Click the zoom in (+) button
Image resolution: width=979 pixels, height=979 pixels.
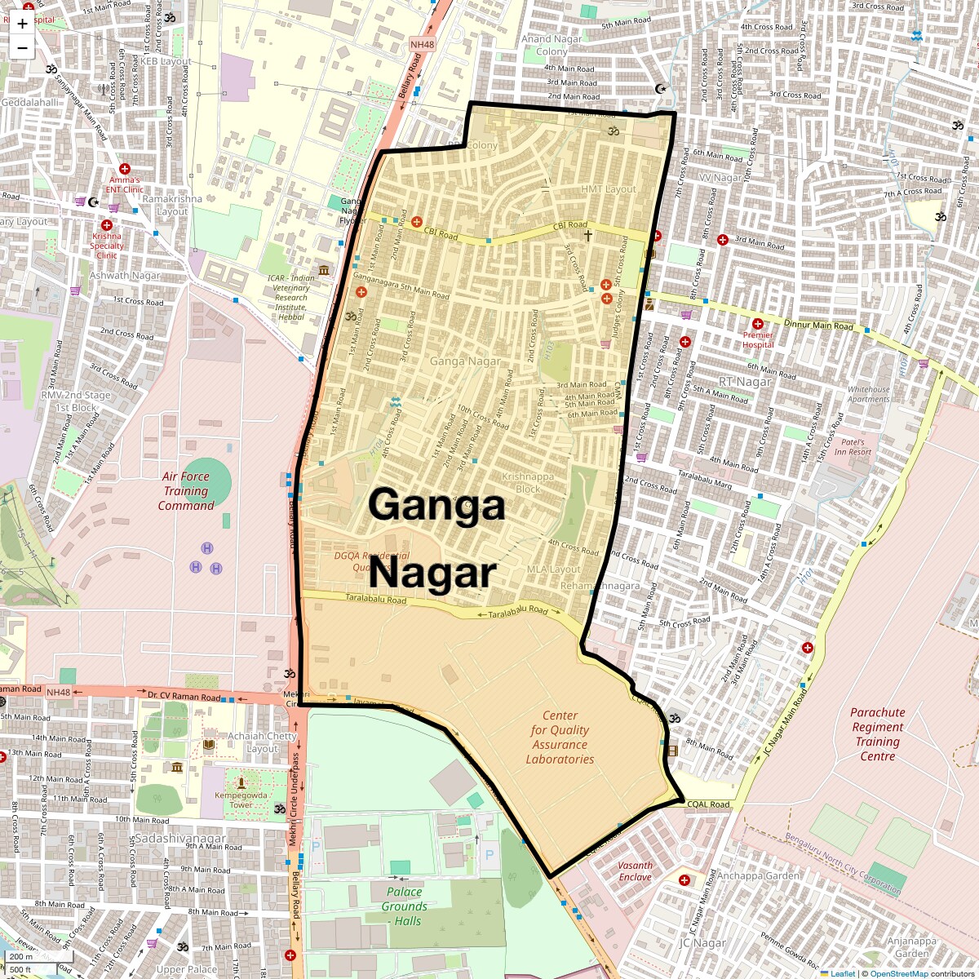22,23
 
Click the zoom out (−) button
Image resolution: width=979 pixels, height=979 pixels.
22,48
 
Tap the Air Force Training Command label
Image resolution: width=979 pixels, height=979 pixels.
186,491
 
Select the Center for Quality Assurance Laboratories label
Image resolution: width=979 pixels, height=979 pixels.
560,738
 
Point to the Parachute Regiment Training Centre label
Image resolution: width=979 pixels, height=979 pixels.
877,734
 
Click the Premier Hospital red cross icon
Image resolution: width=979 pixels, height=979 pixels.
758,323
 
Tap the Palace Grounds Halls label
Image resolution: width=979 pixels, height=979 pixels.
405,906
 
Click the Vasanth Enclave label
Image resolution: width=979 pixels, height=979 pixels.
635,871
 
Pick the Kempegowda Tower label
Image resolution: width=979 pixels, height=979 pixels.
240,800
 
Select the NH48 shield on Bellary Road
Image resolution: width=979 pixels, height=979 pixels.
423,45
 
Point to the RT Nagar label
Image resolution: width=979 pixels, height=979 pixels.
744,382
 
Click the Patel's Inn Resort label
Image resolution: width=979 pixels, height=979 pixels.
853,447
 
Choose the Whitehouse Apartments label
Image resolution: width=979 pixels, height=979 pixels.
868,394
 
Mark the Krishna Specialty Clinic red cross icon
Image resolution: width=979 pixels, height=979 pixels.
106,225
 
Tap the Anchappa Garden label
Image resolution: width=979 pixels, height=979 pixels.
758,876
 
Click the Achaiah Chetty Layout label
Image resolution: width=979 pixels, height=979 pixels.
262,742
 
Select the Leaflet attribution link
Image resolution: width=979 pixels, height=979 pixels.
843,973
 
